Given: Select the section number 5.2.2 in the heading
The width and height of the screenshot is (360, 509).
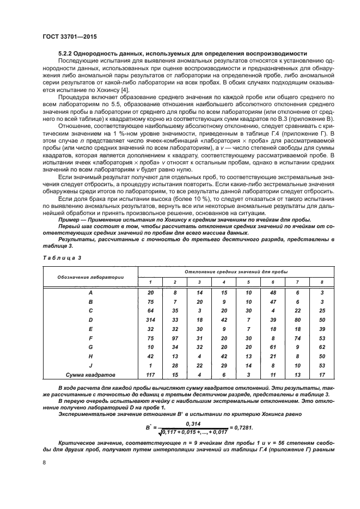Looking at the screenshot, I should tap(67, 54).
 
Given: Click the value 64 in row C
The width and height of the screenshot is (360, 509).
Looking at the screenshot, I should tap(151, 311).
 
